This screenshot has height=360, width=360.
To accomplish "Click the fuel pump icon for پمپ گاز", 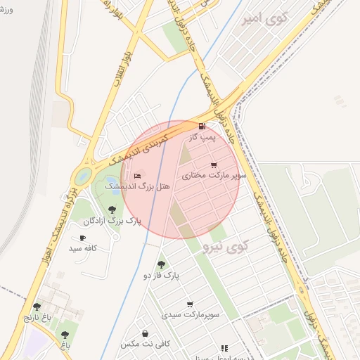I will coord(202,127).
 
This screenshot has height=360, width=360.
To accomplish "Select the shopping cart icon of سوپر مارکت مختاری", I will coord(214,165).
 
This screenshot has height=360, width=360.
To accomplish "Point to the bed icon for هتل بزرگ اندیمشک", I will coord(137,174).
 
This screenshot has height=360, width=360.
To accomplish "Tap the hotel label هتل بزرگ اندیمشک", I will coord(129,186).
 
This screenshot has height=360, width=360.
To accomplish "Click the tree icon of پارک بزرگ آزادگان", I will coord(112,209).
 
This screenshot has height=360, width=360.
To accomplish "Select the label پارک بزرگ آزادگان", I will coord(112,221).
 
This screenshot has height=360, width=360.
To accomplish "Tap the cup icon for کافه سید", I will coord(83,238).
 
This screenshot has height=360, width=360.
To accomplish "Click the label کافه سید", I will coord(83,249).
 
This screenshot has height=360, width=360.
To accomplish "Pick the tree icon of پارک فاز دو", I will coord(161,264).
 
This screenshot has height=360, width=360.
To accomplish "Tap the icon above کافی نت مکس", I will coord(145,333).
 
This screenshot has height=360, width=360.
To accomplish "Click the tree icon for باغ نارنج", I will coord(37,307).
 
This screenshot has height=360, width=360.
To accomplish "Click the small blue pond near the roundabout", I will coord(83,175).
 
